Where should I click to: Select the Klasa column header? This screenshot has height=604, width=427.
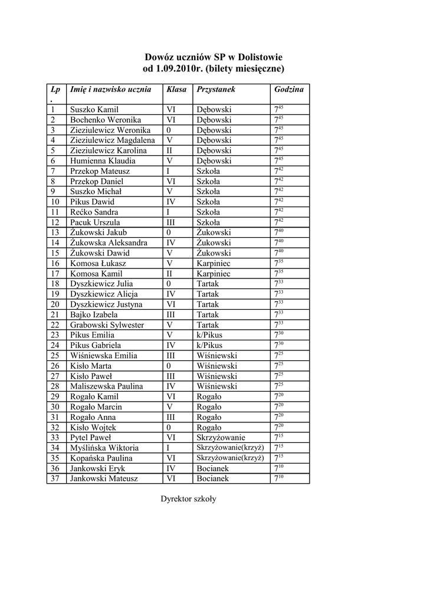[176, 90]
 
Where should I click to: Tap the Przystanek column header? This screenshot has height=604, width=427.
[216, 90]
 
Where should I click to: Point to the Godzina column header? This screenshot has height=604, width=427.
[289, 90]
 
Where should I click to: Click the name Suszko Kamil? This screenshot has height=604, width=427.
[94, 110]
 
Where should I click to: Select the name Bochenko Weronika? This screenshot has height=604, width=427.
[106, 120]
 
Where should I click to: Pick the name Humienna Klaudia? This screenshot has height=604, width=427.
[103, 160]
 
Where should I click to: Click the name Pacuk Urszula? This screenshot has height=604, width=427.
[95, 222]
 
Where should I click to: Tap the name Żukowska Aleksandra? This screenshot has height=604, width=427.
[109, 243]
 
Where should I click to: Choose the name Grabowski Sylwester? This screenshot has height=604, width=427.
[107, 325]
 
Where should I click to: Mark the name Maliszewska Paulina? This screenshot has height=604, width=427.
[107, 386]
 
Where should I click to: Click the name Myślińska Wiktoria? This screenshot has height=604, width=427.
[104, 448]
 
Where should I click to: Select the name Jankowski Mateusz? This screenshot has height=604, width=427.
[104, 478]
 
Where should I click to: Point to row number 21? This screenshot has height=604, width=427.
[55, 314]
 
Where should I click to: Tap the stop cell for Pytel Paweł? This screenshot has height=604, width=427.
[221, 438]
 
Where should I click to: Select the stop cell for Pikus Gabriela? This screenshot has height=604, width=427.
[209, 345]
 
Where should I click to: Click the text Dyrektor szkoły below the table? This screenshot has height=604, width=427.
[189, 499]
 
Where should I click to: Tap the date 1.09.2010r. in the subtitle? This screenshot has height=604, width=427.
[184, 69]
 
